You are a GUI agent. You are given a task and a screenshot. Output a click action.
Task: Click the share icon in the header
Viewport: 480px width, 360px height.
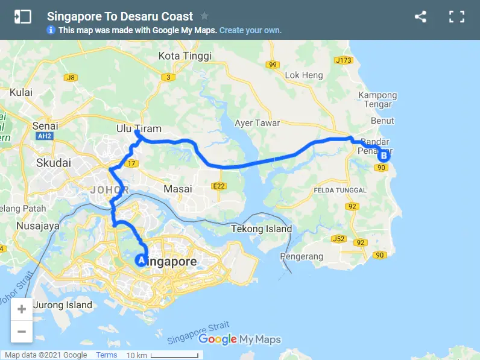click(x=420, y=17)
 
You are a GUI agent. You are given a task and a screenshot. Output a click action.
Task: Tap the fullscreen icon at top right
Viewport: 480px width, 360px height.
click(x=456, y=17)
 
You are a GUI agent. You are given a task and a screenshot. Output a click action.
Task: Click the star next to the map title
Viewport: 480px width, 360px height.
click(x=204, y=16)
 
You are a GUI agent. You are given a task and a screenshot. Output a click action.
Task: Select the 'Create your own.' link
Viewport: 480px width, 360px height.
click(x=250, y=30)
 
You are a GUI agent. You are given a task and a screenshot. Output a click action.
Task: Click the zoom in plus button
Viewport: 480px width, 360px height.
click(x=22, y=309)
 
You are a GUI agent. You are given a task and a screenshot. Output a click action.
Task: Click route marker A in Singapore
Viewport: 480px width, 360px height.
click(x=141, y=261)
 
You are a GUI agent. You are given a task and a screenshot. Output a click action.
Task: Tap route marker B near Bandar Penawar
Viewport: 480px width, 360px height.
click(x=383, y=156)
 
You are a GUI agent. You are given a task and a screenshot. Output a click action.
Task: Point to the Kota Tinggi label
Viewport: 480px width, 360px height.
click(x=185, y=56)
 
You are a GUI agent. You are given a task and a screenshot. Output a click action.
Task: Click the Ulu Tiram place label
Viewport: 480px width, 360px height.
click(x=131, y=128)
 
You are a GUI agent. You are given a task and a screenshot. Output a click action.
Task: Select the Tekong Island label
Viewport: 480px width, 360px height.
click(x=262, y=229)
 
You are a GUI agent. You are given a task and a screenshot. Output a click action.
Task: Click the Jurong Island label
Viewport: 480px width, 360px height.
click(x=63, y=305)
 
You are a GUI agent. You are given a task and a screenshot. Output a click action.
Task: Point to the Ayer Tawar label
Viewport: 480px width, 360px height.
click(x=257, y=123)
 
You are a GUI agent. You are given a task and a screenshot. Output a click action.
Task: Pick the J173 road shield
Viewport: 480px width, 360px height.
click(x=343, y=60)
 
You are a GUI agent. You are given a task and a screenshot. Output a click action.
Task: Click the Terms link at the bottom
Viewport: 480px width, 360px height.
click(x=107, y=355)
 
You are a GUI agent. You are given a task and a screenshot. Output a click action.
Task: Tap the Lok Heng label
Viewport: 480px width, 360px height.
click(x=304, y=75)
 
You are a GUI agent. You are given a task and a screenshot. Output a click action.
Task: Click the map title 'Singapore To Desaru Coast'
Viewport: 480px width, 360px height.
click(x=120, y=16)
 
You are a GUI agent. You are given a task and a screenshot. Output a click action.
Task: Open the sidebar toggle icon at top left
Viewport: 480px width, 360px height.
click(x=22, y=17)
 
